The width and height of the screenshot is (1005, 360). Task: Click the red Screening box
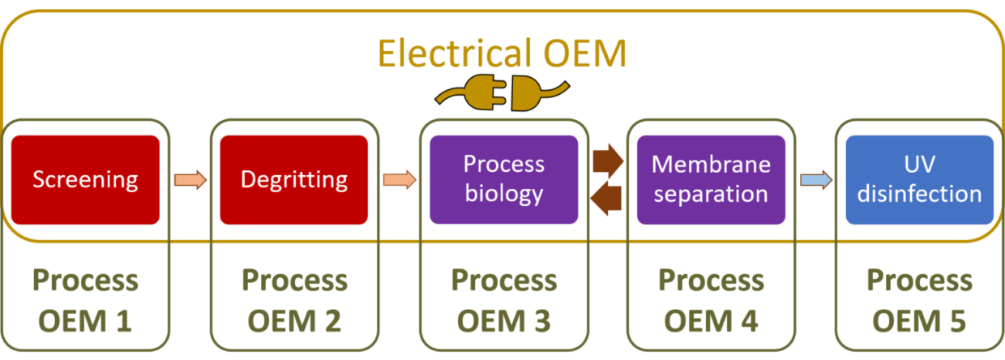click(x=85, y=179)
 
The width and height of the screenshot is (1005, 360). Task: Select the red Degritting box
click(x=293, y=179)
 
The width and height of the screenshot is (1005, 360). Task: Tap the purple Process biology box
click(x=503, y=179)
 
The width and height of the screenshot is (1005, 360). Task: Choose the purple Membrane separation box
click(x=711, y=179)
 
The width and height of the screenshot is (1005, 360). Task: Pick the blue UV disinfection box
click(x=919, y=179)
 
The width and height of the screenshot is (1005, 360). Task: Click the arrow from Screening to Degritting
click(x=190, y=179)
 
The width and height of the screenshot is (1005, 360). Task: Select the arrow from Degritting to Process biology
click(x=399, y=179)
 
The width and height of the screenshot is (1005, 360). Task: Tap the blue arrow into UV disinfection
click(x=815, y=179)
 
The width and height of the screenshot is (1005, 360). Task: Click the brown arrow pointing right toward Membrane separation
click(x=608, y=160)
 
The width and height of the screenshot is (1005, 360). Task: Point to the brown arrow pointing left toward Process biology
click(x=608, y=197)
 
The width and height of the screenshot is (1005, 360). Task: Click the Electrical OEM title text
click(x=502, y=55)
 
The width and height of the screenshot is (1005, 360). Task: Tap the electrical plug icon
click(x=502, y=96)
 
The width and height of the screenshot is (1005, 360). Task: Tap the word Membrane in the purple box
click(x=711, y=165)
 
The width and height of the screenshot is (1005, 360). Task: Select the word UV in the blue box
click(x=919, y=165)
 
